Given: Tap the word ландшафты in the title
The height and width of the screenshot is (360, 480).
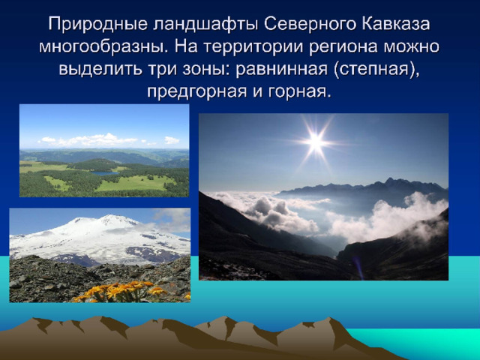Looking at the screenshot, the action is point(205,25).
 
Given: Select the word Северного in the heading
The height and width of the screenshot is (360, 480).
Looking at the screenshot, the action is point(310,25).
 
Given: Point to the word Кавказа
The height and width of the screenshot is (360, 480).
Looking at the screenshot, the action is point(396,24).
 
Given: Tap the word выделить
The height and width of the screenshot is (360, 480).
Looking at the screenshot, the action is point(100,69).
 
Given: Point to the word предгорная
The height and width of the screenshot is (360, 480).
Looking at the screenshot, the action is point(196,92).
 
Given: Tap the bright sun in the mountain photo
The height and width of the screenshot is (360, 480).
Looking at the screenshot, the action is point(316,142).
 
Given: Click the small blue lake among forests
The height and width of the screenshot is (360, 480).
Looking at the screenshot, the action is point(104,173).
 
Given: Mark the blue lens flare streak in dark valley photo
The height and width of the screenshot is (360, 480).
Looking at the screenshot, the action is point(358,268).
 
